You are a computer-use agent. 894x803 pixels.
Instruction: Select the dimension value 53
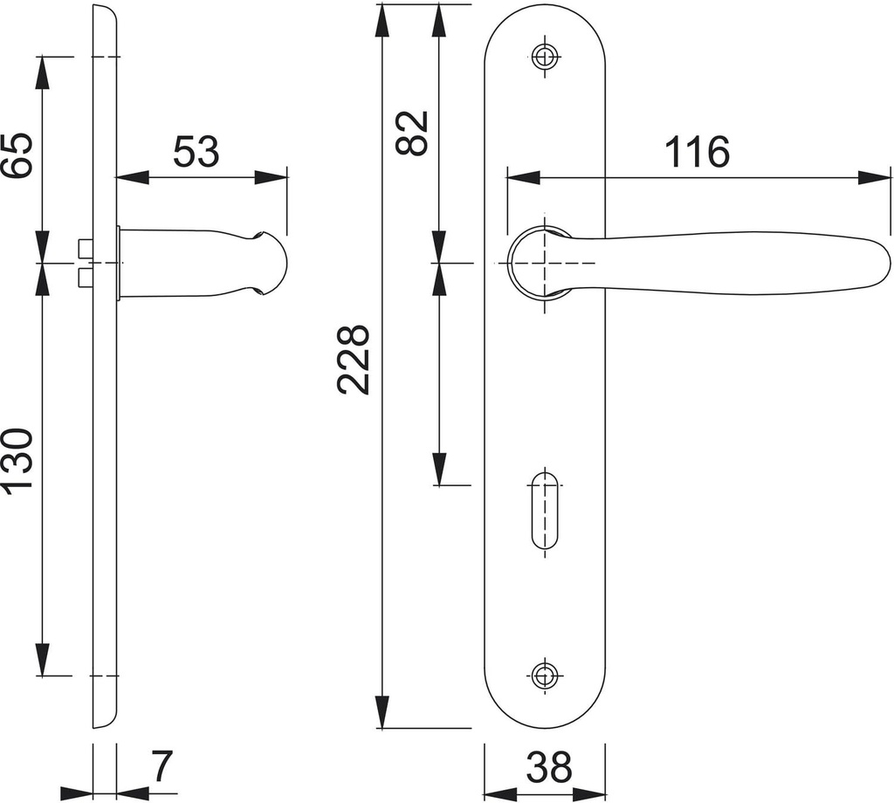pos(196,152)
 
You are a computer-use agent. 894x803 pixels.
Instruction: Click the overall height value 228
pos(354,359)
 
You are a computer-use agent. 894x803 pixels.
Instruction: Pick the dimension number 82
pos(412,133)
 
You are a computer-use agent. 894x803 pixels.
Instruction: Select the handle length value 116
pos(697,152)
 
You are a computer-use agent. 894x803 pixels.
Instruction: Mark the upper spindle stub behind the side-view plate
pos(84,247)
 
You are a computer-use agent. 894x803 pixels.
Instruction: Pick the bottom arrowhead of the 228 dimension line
pos(382,712)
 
